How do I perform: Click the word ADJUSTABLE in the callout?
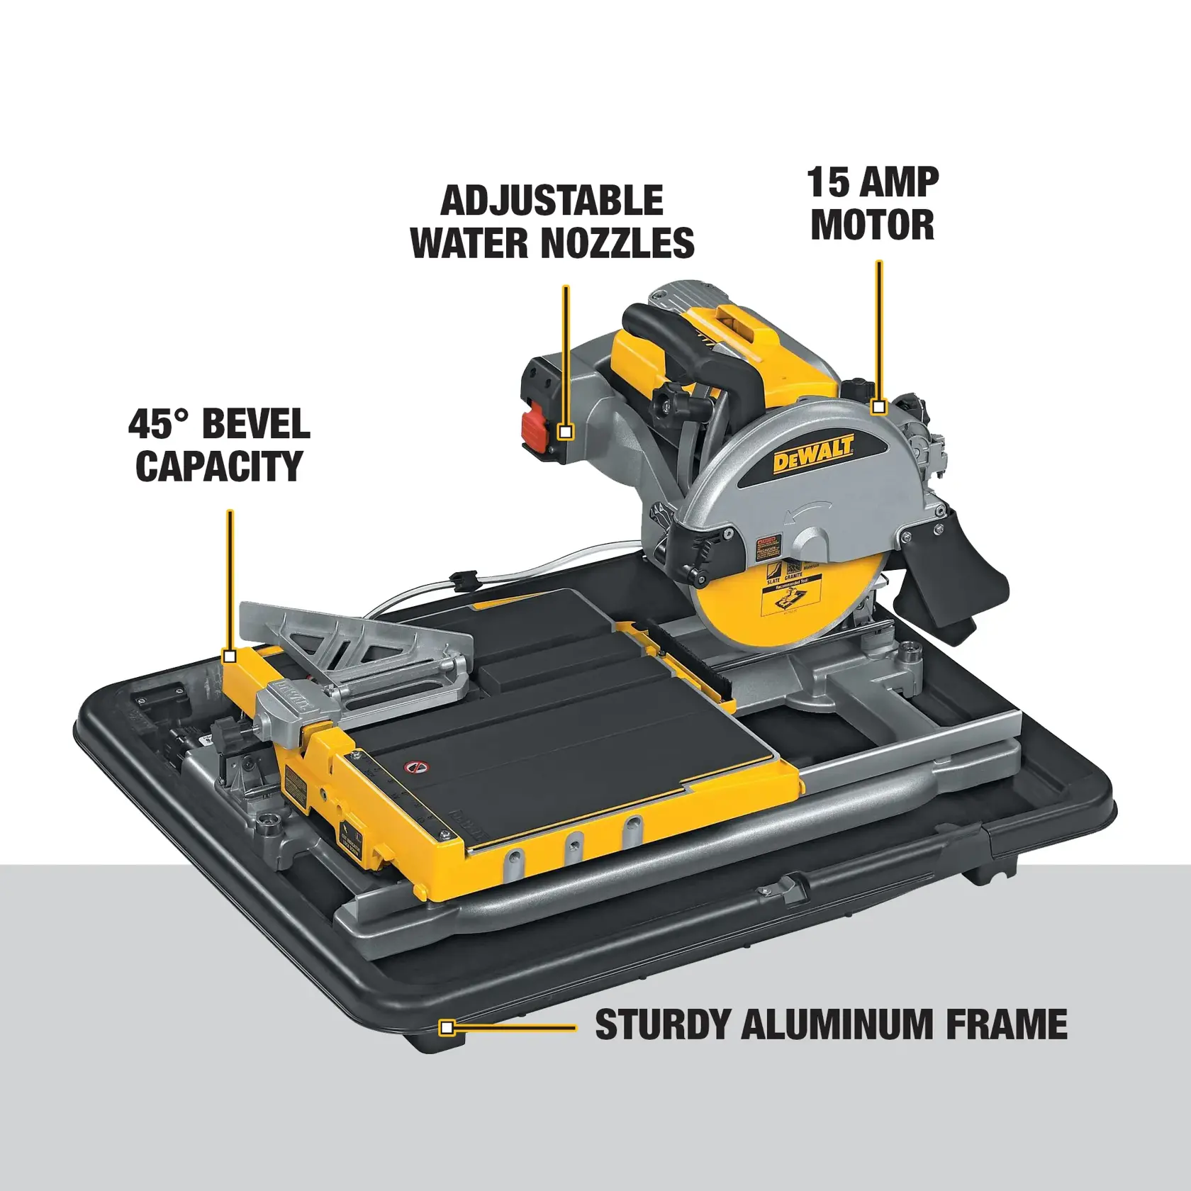pos(552,201)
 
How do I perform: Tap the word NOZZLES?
pos(618,243)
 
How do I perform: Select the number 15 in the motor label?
pos(828,182)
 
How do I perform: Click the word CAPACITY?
pos(219,466)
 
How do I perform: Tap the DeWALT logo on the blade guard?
pos(813,454)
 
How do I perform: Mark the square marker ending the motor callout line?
pos(879,407)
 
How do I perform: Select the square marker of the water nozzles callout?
pos(565,431)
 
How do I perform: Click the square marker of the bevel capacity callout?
pos(229,656)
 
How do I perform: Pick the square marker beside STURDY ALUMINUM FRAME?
pos(446,1027)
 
